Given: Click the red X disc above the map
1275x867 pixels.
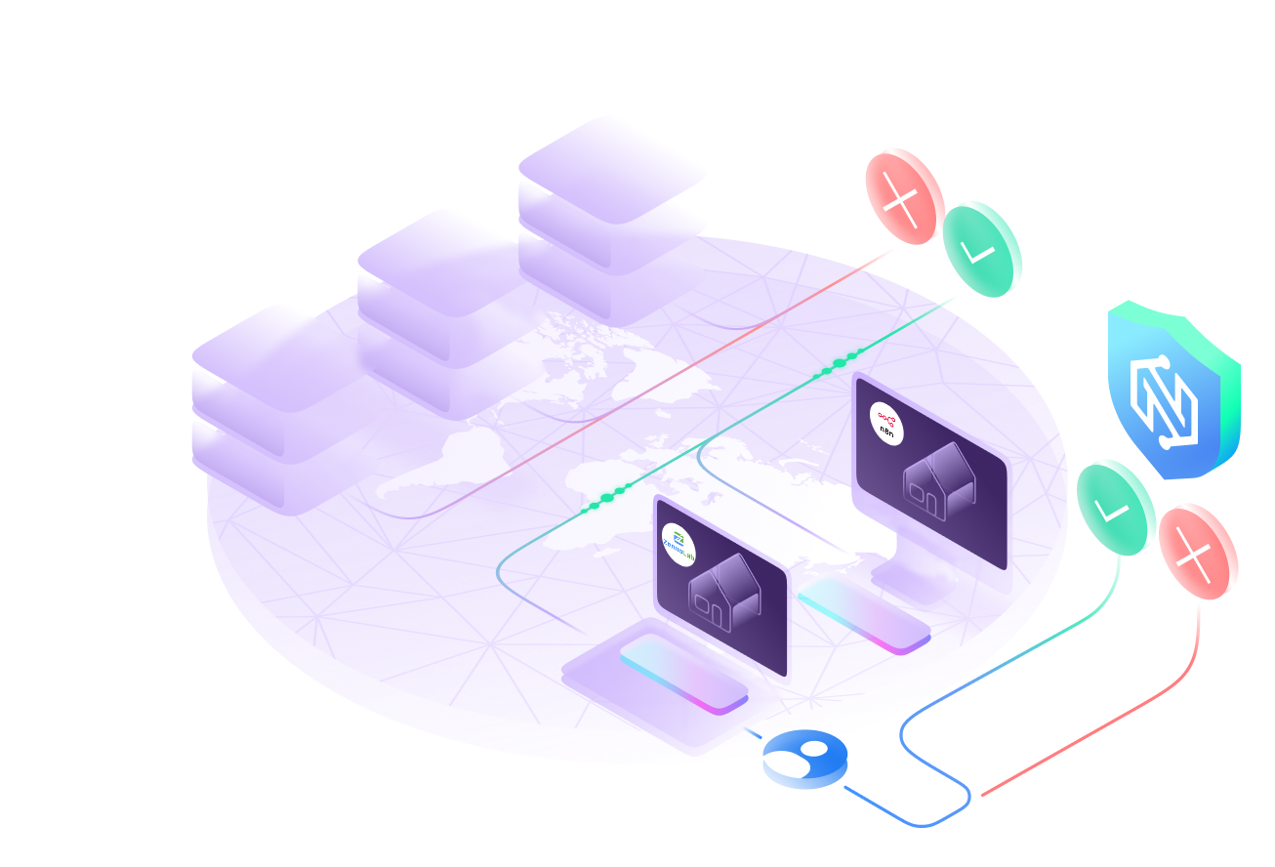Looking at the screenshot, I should (x=904, y=196).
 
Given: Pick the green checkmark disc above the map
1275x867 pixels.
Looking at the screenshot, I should (x=982, y=249).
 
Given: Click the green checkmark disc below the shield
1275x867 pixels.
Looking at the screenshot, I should (x=1116, y=508).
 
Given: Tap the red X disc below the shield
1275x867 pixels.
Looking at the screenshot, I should (x=1198, y=552).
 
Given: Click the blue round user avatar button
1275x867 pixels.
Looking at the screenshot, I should (x=805, y=759).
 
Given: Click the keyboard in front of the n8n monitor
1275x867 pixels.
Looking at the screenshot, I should (x=863, y=611).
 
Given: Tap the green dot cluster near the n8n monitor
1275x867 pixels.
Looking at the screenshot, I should (x=836, y=363).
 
